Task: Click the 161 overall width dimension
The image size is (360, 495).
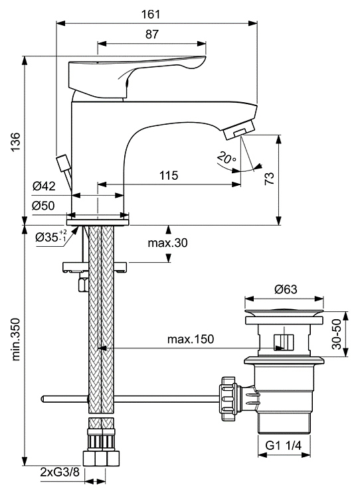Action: [151, 15]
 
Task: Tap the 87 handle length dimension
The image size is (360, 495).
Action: [151, 34]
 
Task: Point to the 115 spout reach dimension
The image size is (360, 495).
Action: [169, 175]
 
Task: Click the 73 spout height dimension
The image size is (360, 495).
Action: [269, 178]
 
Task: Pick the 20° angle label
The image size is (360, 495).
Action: [226, 157]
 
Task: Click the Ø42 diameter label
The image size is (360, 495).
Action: [44, 186]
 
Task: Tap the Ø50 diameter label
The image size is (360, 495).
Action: [43, 206]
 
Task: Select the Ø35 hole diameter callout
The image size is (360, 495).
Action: [51, 236]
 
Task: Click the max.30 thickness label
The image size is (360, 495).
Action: [167, 243]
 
